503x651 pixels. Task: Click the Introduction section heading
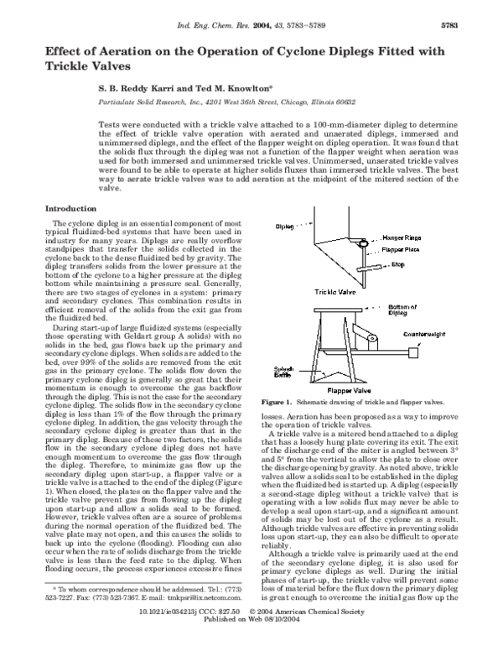[x=70, y=207]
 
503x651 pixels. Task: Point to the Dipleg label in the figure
[x=285, y=227]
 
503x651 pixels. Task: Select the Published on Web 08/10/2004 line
[x=251, y=644]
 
